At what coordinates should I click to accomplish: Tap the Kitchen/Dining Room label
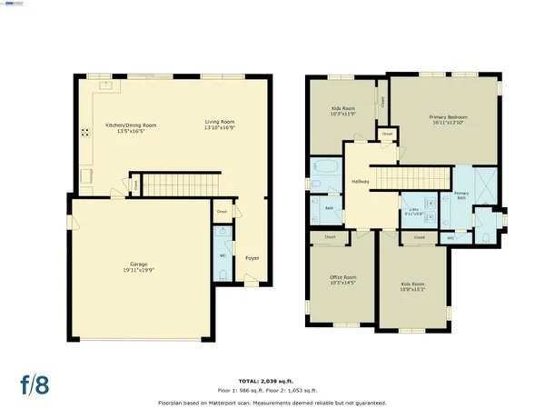131,125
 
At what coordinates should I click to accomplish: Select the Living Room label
219,125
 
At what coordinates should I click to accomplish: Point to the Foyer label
253,258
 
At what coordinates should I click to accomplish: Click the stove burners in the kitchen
85,132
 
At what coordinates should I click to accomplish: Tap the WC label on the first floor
223,255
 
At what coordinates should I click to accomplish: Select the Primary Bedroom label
448,117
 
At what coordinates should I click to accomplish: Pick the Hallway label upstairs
360,182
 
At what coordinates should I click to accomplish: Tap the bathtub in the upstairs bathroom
322,167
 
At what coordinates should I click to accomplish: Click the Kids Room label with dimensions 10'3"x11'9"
342,109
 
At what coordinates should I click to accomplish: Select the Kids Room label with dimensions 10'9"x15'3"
412,284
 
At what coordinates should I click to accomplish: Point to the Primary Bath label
461,195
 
